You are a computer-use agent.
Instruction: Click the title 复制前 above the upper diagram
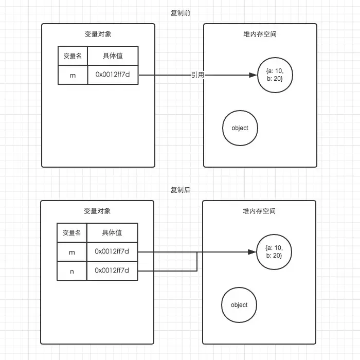pos(180,13)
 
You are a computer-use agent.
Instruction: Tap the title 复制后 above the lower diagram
pos(180,190)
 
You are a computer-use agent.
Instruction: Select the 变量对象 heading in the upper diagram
pos(98,34)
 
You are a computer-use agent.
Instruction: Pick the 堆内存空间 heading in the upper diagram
pos(260,34)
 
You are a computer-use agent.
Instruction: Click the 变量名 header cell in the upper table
pos(73,56)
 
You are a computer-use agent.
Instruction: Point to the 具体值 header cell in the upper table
pos(113,56)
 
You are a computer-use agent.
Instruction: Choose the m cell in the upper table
pos(73,75)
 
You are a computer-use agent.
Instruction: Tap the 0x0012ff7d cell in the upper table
pos(113,75)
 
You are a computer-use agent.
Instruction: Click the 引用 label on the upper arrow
pos(197,75)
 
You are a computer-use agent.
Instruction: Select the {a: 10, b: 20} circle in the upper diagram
pos(275,75)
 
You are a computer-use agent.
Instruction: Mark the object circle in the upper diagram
pos(240,128)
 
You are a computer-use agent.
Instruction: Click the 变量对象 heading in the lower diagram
pos(97,211)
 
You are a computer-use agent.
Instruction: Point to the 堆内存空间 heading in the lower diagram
pos(259,211)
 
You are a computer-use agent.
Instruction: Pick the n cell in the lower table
pos(72,270)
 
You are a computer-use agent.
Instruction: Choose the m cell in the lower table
pos(72,251)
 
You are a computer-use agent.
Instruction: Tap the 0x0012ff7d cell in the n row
pos(112,270)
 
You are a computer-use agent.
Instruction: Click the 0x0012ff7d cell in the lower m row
pos(112,251)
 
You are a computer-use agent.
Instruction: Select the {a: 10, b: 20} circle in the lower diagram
pos(274,252)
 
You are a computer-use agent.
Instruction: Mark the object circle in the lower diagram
pos(239,305)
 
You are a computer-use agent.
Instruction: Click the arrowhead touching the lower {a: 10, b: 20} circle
pos(253,252)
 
